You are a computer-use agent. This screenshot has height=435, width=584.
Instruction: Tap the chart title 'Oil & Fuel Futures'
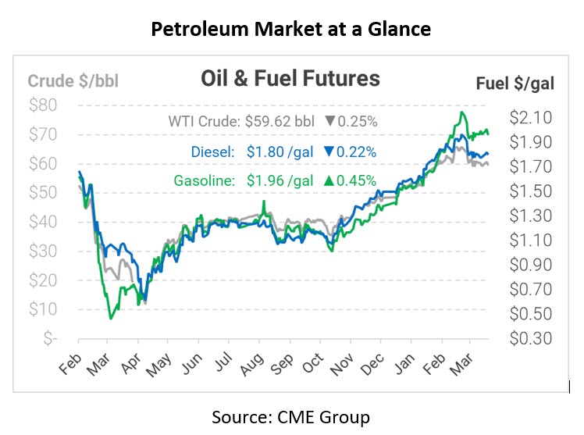click(x=290, y=79)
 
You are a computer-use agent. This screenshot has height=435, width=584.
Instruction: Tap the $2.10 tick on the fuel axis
click(x=530, y=117)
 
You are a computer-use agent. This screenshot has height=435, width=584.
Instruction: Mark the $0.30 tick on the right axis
click(x=530, y=338)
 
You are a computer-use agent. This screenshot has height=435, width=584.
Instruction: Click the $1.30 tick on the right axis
click(x=530, y=216)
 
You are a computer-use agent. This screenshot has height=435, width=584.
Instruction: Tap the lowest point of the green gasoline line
click(x=111, y=319)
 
